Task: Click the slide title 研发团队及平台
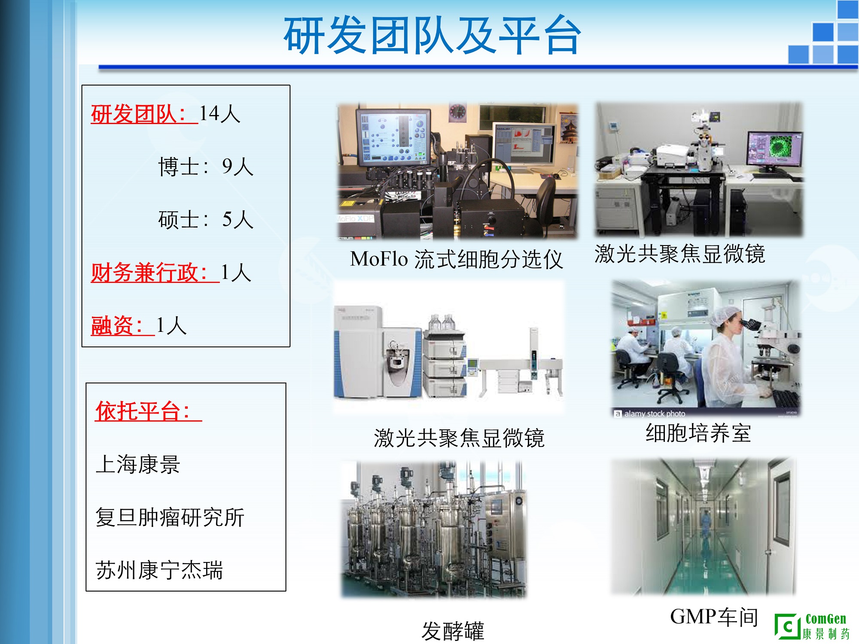pos(433,35)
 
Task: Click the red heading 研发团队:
pos(138,114)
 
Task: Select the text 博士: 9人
pos(206,167)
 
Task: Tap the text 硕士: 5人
pos(206,219)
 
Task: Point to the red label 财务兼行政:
pos(149,273)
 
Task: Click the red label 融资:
pos(117,325)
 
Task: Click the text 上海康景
pos(138,465)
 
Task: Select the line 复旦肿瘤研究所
pos(170,517)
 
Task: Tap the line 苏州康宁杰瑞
pos(159,570)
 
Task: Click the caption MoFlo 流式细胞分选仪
pos(456,259)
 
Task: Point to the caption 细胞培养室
pos(698,433)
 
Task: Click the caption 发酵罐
pos(453,631)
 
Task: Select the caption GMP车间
pos(714,617)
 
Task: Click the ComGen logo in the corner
pos(812,626)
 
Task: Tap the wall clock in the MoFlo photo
pos(457,112)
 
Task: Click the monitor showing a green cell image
pos(774,149)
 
